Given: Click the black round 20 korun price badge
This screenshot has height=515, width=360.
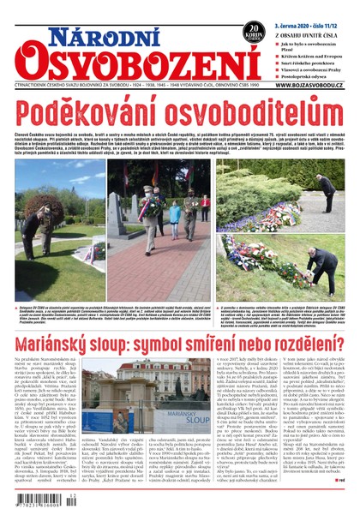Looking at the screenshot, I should [252, 31].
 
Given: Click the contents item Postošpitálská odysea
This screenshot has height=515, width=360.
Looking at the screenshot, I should [309, 84].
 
